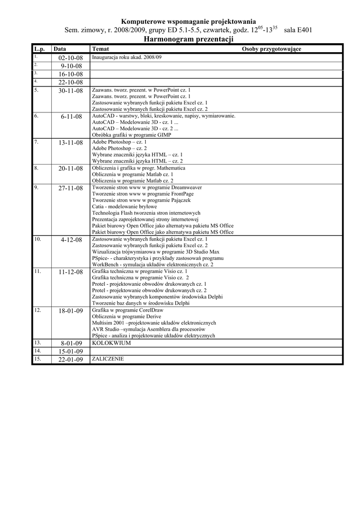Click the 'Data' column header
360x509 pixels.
(60, 49)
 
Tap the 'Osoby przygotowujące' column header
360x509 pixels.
(271, 49)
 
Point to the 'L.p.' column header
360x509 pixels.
(39, 49)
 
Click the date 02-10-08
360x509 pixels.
(71, 58)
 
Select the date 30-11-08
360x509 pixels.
(71, 91)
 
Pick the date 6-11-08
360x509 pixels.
(72, 117)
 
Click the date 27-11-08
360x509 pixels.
(71, 188)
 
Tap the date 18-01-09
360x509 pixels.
(71, 311)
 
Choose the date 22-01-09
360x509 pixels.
(71, 360)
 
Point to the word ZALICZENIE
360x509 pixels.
(108, 358)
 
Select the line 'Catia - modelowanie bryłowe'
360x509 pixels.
(124, 206)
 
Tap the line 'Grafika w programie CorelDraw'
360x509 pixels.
(127, 310)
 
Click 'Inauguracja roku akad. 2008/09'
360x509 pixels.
(127, 57)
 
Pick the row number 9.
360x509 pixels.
(36, 187)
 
